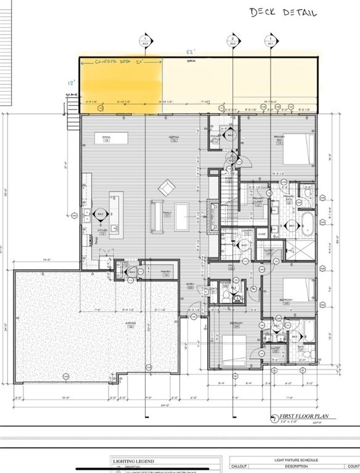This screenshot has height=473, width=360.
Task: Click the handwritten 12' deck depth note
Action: tap(71, 82)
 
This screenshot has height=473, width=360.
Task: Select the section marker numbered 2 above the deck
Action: tap(233, 40)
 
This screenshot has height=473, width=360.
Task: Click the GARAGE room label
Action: tap(131, 325)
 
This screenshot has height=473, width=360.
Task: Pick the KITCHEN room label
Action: tap(102, 231)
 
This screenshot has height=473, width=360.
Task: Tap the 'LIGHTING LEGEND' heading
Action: tap(134, 461)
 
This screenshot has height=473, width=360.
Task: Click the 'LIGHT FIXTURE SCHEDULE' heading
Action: tap(293, 460)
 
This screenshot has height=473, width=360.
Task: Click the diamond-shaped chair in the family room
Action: tap(166, 186)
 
